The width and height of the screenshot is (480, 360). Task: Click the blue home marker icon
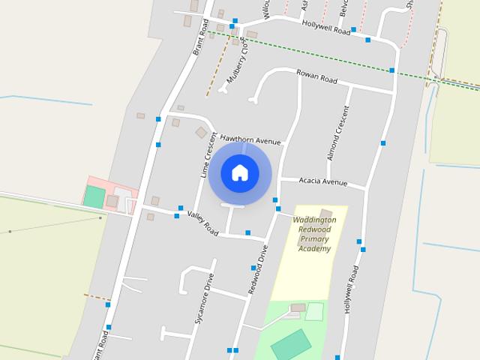(240, 172)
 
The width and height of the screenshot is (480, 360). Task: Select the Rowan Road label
(316, 76)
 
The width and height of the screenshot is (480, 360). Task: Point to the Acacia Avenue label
(323, 181)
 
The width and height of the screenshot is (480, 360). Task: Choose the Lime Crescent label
(208, 154)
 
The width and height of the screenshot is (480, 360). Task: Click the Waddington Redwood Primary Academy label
(314, 234)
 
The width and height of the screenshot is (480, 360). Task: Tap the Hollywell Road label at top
(326, 28)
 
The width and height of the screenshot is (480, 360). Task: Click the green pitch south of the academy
(290, 343)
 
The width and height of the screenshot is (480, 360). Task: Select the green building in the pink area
(94, 197)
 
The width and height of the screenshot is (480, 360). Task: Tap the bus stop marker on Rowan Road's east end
(392, 70)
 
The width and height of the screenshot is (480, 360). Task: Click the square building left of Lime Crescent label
(201, 133)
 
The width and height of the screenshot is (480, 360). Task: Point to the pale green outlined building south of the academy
(314, 311)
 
